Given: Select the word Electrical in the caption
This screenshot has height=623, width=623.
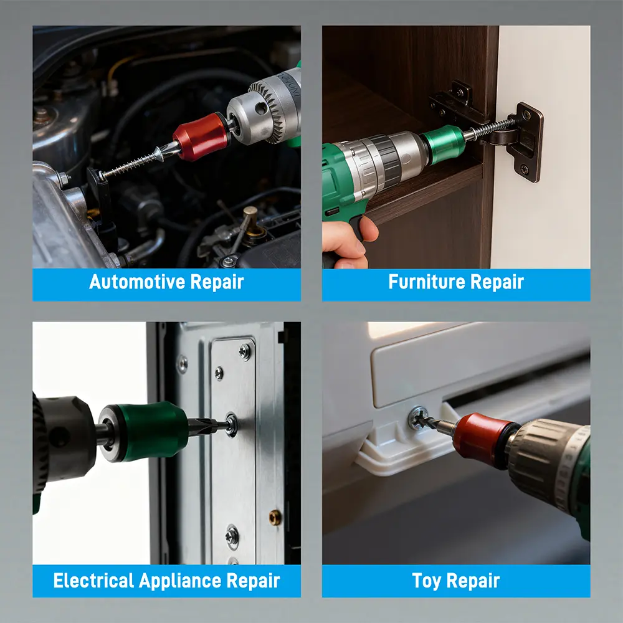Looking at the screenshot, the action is pos(93,581).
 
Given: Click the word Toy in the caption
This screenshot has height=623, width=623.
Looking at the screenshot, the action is pos(427,581).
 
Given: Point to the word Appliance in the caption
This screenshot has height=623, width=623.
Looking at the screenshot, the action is pos(180,581).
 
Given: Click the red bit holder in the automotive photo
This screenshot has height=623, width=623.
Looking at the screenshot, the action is pos(201,136).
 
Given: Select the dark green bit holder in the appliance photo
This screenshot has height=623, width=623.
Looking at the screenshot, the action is pos(144,432).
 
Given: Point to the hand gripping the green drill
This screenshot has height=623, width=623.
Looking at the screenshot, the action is pos(346,243).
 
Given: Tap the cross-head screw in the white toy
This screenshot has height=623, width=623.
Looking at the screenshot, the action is pos(419,417).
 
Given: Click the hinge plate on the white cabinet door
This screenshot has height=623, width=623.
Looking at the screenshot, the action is pos(525,141).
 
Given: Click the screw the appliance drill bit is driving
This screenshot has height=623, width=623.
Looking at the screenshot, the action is pos(231,425).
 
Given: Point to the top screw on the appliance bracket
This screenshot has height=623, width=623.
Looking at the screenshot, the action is pos(245,351).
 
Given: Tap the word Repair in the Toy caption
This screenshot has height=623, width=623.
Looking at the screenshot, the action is pos(473,581).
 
